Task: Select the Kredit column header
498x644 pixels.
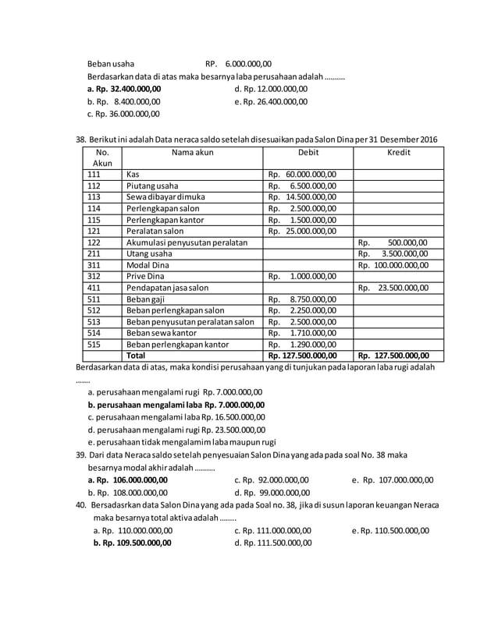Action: (x=398, y=153)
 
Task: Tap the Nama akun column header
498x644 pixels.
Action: (x=192, y=153)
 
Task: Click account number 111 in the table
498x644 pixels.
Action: (x=94, y=175)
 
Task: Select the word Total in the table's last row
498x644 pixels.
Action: (x=137, y=355)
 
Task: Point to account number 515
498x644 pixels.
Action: (x=94, y=343)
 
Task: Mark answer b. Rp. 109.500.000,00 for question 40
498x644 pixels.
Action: (x=132, y=543)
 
